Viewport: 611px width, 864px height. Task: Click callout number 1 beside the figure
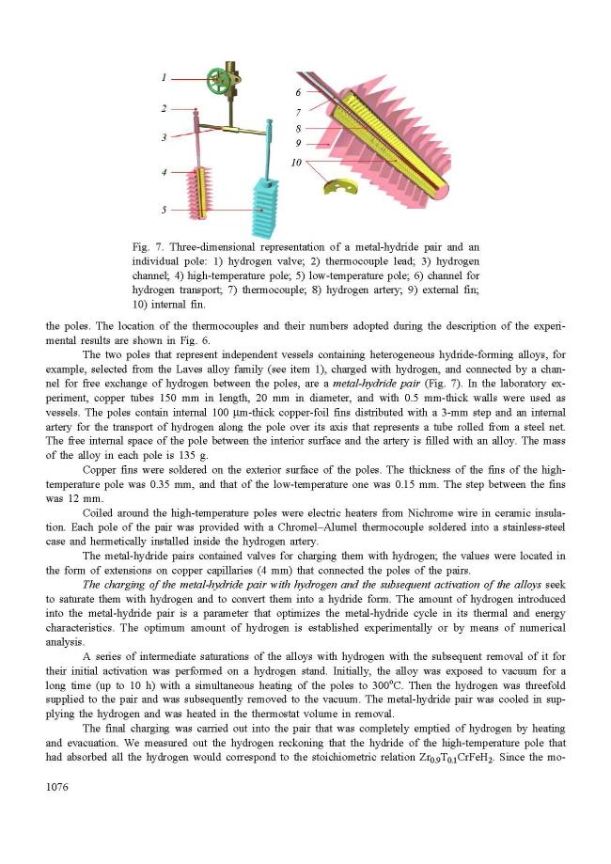tap(163, 77)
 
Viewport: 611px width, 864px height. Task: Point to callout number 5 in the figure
tap(163, 210)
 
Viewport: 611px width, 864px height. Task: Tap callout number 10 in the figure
tap(295, 162)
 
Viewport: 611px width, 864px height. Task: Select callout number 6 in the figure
tap(297, 92)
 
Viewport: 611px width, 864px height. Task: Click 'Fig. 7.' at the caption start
tap(149, 246)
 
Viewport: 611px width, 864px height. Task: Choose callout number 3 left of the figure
tap(163, 137)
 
